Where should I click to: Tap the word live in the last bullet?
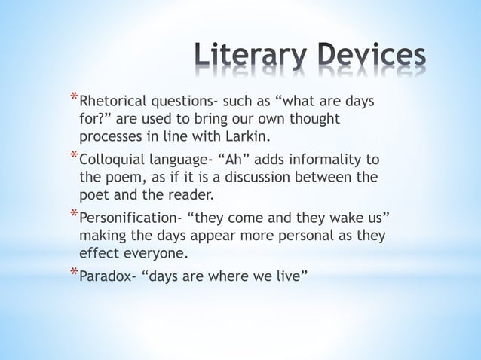click(290, 277)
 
